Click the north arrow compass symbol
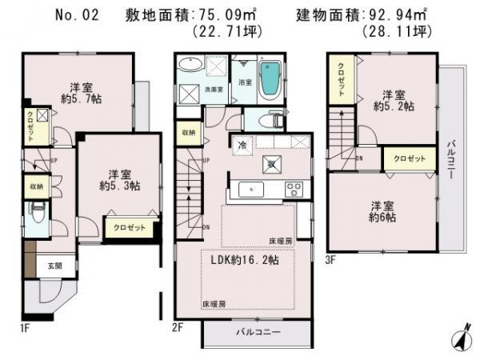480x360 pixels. pos(462,339)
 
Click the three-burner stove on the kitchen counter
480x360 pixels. pos(294,190)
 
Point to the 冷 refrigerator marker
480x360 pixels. pos(242,145)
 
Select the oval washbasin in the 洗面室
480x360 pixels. pos(190,66)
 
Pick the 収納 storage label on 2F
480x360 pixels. pos(188,132)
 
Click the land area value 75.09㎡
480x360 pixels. pos(226,15)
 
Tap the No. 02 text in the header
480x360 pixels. pos(78,15)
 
